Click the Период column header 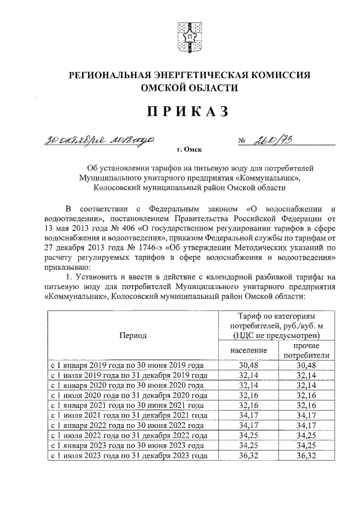(133, 335)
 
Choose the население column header (248, 350)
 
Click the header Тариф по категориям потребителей (277, 325)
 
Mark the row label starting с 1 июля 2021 (129, 416)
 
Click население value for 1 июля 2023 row (248, 456)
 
